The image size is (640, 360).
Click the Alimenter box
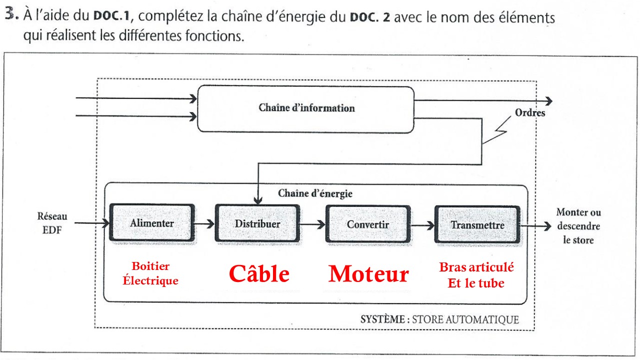152,223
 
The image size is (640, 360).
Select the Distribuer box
257,223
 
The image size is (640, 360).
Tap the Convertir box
368,224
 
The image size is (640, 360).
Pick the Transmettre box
477,224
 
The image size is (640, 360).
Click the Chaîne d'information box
306,108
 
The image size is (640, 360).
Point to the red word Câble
259,274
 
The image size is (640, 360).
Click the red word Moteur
368,274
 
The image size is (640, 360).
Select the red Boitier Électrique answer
150,273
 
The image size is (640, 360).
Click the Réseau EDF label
52,223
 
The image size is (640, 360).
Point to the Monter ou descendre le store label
578,226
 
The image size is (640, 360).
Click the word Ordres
530,113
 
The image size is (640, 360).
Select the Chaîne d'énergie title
315,193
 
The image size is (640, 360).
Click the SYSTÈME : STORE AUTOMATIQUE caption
439,319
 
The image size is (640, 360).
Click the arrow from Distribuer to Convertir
313,225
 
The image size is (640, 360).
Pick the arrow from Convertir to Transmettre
422,225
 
